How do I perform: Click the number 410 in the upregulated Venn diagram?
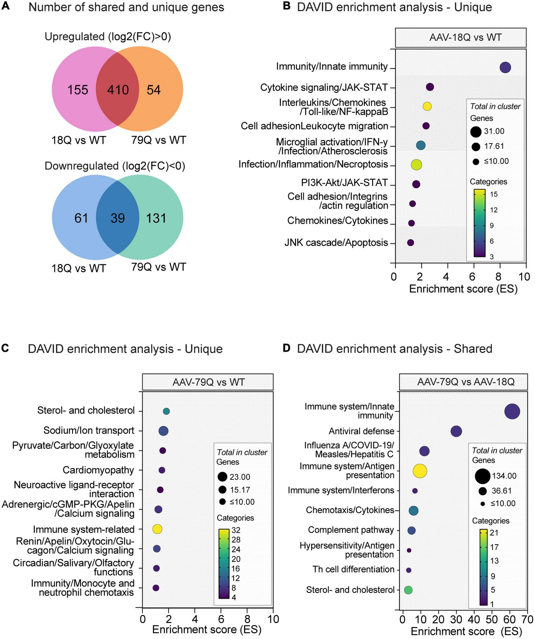tap(118, 90)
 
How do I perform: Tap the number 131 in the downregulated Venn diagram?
tap(156, 218)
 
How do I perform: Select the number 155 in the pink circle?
tap(78, 90)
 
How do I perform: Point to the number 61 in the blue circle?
tap(81, 218)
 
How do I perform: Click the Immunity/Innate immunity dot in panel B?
tap(505, 67)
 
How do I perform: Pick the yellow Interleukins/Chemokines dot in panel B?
tap(427, 106)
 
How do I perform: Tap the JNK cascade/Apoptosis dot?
tap(410, 243)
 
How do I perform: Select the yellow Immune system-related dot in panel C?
tap(157, 529)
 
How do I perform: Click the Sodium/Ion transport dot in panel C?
tap(163, 431)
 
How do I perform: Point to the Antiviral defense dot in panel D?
tap(456, 431)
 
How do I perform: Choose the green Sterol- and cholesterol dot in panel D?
tap(408, 590)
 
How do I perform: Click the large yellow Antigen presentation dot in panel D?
tap(420, 470)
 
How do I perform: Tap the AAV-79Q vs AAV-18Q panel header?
tap(465, 382)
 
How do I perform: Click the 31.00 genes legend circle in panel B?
tap(476, 131)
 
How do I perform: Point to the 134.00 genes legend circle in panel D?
tap(482, 476)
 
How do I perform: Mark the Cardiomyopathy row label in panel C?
tap(98, 470)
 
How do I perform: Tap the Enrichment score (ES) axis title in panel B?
tap(463, 289)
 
